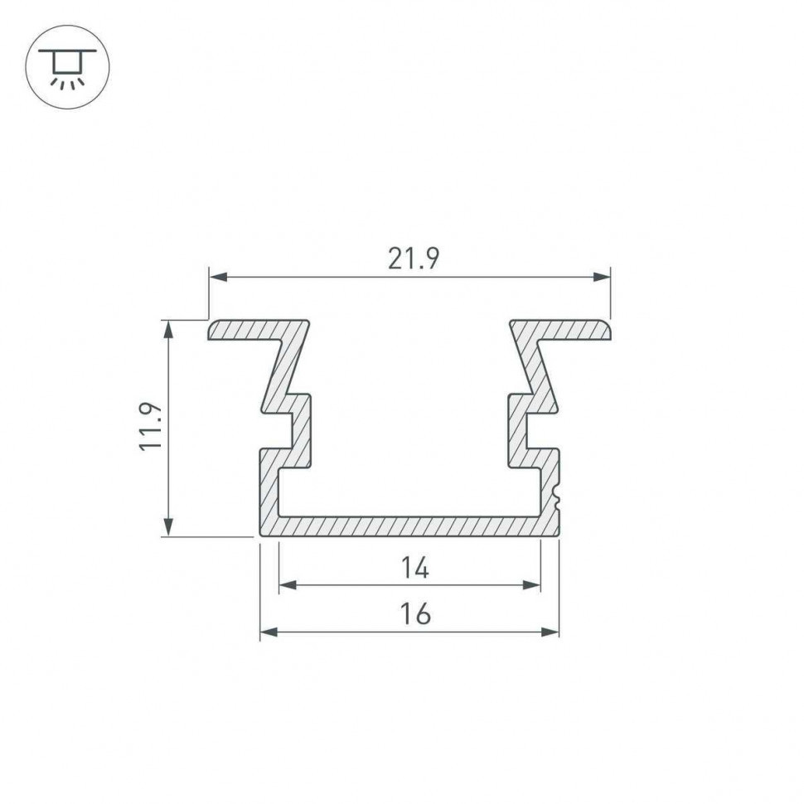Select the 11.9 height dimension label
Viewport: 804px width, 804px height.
click(x=150, y=426)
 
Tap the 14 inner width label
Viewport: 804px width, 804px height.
click(x=414, y=568)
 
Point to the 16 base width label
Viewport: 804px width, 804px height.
click(x=414, y=615)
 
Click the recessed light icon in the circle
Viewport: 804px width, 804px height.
click(x=68, y=67)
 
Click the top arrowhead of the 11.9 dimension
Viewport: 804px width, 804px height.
click(x=169, y=329)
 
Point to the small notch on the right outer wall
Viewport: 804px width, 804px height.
click(x=556, y=498)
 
